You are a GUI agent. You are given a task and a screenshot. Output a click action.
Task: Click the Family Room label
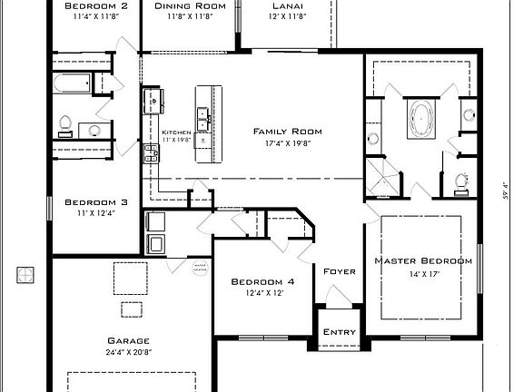pyautogui.click(x=287, y=132)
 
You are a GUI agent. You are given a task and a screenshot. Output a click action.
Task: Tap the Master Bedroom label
pyautogui.click(x=424, y=260)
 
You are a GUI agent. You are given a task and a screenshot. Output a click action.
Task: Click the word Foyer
pyautogui.click(x=339, y=271)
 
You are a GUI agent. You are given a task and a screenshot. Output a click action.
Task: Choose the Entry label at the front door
pyautogui.click(x=339, y=332)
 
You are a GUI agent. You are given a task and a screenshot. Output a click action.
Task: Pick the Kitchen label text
pyautogui.click(x=176, y=132)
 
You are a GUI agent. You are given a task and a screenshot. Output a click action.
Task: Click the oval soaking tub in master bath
pyautogui.click(x=422, y=118)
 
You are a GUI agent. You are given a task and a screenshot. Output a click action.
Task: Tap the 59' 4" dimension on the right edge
pyautogui.click(x=505, y=193)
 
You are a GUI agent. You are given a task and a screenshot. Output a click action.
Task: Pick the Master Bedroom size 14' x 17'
pyautogui.click(x=424, y=273)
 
